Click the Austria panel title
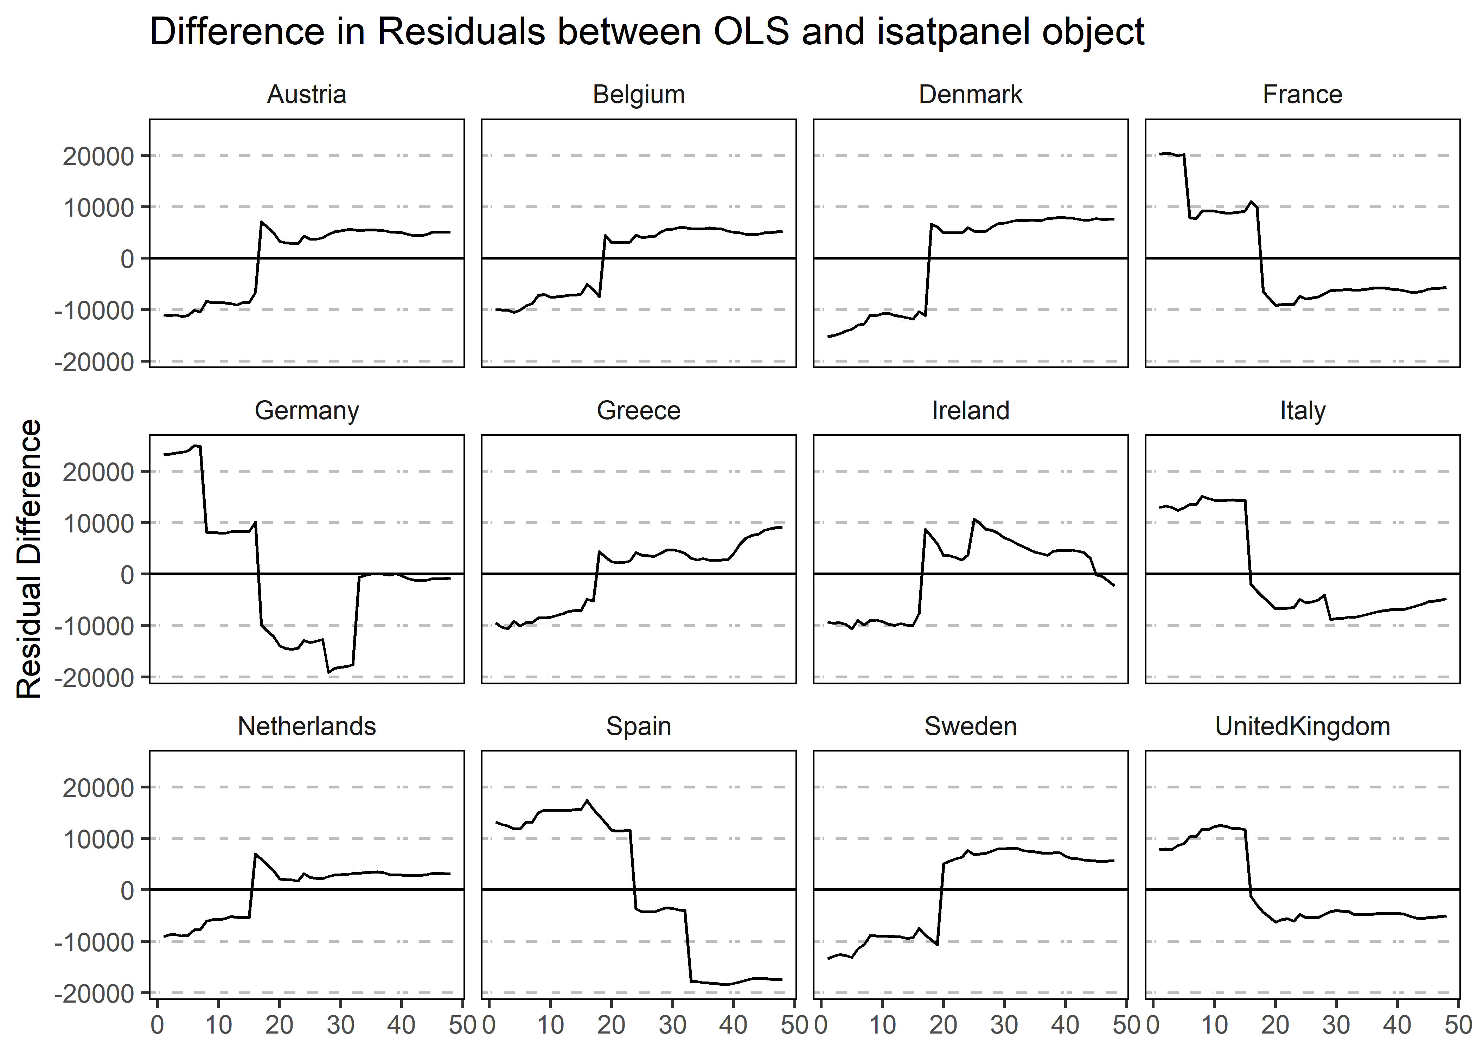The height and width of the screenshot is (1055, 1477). [x=307, y=95]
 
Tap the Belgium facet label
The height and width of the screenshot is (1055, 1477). [x=639, y=95]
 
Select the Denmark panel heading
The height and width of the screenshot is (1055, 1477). [x=970, y=95]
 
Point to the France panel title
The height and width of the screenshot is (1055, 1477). [x=1302, y=95]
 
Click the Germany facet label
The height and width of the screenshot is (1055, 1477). [x=307, y=411]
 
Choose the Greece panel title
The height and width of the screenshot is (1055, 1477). [x=639, y=411]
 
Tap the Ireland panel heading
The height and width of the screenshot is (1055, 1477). [x=970, y=411]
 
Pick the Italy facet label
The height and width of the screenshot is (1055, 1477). [x=1302, y=411]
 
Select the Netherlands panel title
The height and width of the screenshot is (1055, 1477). [x=307, y=726]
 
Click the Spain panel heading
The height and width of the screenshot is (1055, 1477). [x=639, y=726]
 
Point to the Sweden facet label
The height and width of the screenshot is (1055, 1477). [x=970, y=726]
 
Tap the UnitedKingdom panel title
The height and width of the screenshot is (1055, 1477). [x=1302, y=726]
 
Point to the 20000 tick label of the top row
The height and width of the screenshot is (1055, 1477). [x=97, y=156]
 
